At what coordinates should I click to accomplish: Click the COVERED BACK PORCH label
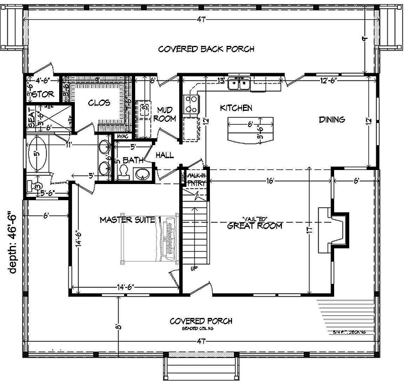click(x=206, y=49)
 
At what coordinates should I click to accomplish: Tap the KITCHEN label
click(x=235, y=108)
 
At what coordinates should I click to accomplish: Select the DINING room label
click(x=332, y=120)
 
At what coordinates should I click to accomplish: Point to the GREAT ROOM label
click(x=255, y=226)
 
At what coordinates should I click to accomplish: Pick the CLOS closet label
click(x=100, y=104)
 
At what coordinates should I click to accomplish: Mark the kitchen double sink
click(x=239, y=85)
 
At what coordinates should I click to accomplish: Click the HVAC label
click(x=122, y=136)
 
